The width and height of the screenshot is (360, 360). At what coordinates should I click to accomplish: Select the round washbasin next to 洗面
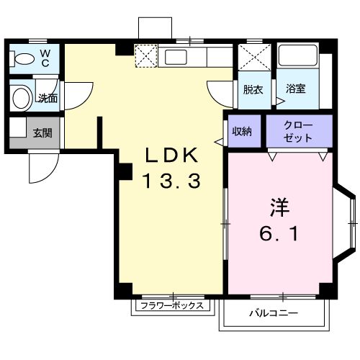[22, 96]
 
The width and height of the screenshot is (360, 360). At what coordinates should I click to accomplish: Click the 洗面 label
[48, 97]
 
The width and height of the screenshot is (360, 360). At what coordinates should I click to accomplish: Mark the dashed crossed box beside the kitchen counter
[146, 56]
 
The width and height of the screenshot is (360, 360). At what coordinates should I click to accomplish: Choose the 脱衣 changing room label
[252, 90]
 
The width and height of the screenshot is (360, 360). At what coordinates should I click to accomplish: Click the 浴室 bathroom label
[295, 90]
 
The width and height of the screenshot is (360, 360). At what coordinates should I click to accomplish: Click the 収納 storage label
[241, 131]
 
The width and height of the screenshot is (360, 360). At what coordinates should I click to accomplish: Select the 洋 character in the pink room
[279, 207]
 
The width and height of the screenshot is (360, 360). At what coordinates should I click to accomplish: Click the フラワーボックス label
[172, 305]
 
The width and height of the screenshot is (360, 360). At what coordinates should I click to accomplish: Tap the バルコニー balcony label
[274, 313]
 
